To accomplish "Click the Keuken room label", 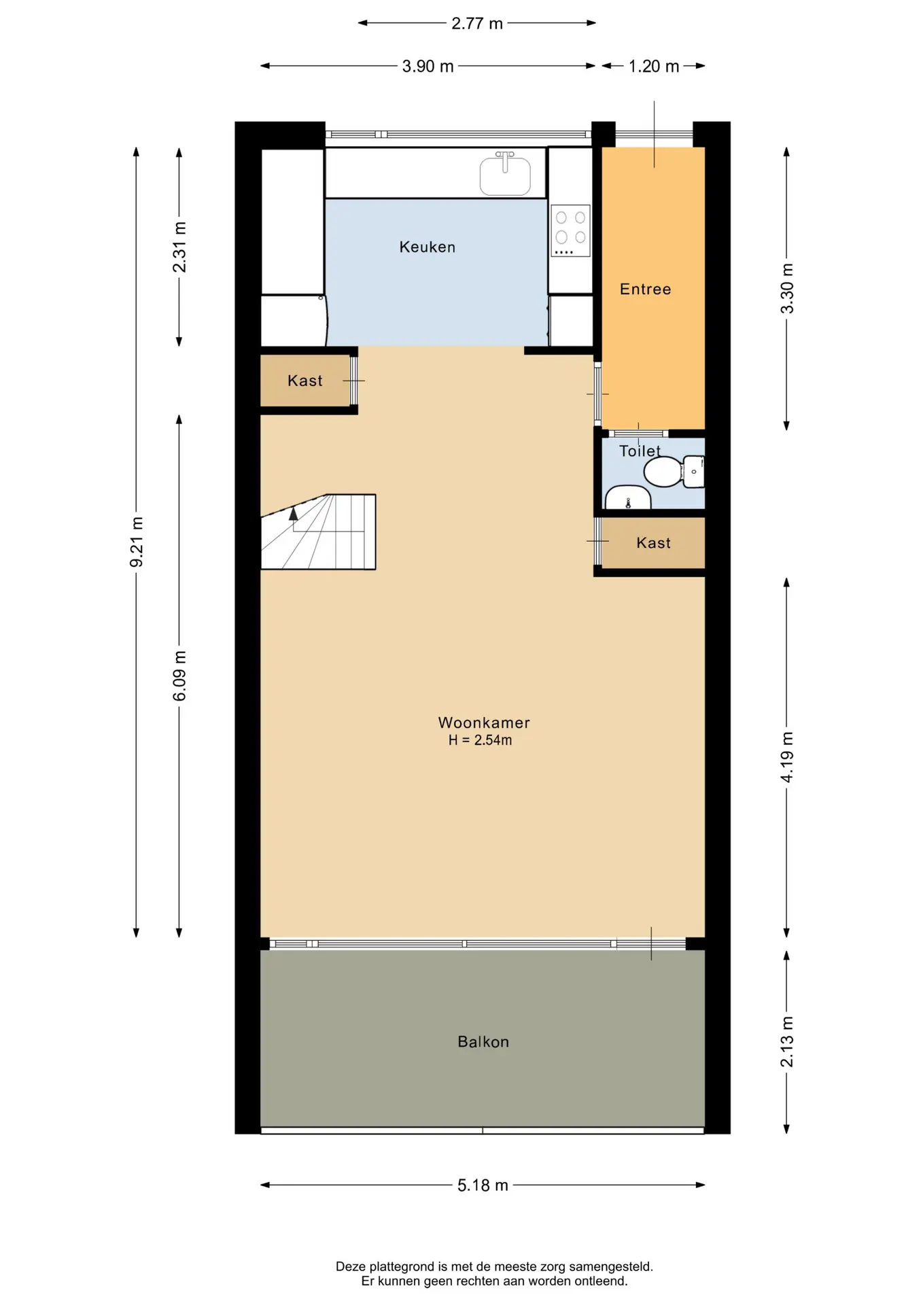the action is [427, 247].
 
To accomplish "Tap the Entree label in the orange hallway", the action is [645, 289].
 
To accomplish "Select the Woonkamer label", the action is [483, 723].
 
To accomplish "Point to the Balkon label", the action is [483, 1041].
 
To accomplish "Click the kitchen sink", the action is [505, 175].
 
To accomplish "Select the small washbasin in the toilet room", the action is [627, 498].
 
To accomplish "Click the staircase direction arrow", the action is [294, 514].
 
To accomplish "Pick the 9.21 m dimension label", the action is [137, 542].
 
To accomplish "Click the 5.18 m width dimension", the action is [483, 1185].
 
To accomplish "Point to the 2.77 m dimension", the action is [477, 23].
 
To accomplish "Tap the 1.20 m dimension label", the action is [653, 66].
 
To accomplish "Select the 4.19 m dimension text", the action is [787, 757].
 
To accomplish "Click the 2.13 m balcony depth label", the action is [787, 1041].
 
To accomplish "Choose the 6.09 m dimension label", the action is [179, 676].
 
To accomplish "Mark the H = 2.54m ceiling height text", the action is [480, 740].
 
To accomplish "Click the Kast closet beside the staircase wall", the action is [304, 381].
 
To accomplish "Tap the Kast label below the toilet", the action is [653, 542].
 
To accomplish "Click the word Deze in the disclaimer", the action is [350, 1266].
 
